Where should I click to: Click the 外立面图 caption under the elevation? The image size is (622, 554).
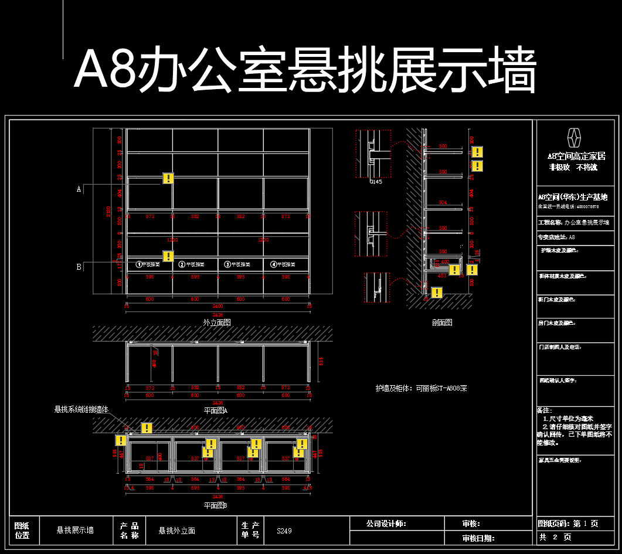(x=217, y=322)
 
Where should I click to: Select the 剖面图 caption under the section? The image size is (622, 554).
(x=441, y=322)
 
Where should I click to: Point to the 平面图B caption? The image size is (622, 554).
(x=215, y=505)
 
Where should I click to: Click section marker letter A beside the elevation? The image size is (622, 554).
(x=79, y=189)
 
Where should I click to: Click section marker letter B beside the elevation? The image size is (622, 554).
(x=79, y=267)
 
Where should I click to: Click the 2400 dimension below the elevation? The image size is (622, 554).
(x=217, y=306)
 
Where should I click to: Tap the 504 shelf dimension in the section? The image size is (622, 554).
(x=443, y=202)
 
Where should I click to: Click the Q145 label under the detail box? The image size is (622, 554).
(x=376, y=182)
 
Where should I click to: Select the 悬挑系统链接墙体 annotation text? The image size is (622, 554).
(x=82, y=409)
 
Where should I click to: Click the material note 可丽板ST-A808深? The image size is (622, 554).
(x=421, y=388)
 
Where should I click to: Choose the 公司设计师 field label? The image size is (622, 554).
(x=386, y=524)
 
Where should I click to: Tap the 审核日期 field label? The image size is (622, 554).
(x=478, y=538)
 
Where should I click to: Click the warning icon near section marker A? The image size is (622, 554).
(x=168, y=178)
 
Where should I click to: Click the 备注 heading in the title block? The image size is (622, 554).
(x=545, y=410)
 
